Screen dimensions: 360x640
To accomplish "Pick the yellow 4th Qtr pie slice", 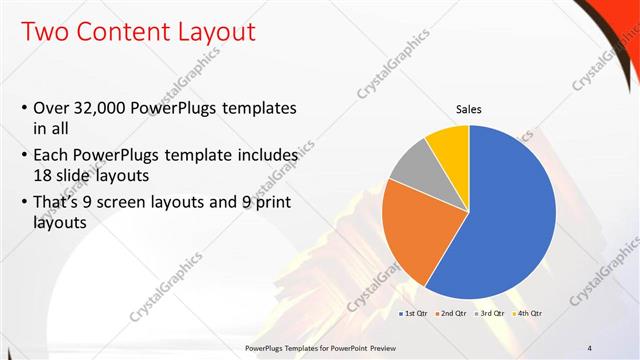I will tap(447, 148).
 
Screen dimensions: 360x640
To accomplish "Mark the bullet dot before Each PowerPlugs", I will tap(24, 156).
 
